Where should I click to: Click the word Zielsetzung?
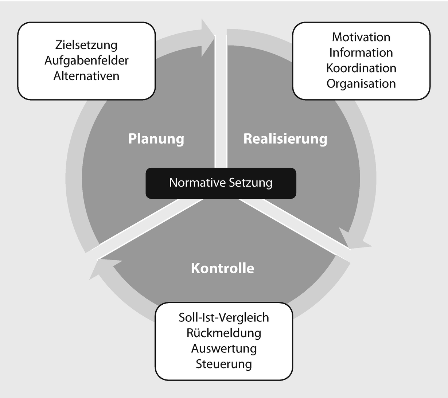(x=86, y=45)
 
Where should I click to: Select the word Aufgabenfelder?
(x=86, y=61)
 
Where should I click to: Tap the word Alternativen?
(x=86, y=76)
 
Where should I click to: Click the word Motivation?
(x=361, y=37)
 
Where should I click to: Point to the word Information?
(x=361, y=52)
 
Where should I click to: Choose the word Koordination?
(x=361, y=68)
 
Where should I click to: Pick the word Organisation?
(x=361, y=83)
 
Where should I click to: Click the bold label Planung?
(x=156, y=139)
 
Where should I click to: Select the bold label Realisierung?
(x=285, y=139)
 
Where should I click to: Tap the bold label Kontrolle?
(x=222, y=268)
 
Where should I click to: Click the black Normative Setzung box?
(x=221, y=183)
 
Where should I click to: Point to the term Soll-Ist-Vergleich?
(x=223, y=317)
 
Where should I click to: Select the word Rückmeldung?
(x=223, y=333)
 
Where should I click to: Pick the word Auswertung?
(x=223, y=348)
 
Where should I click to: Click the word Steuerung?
(x=223, y=364)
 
